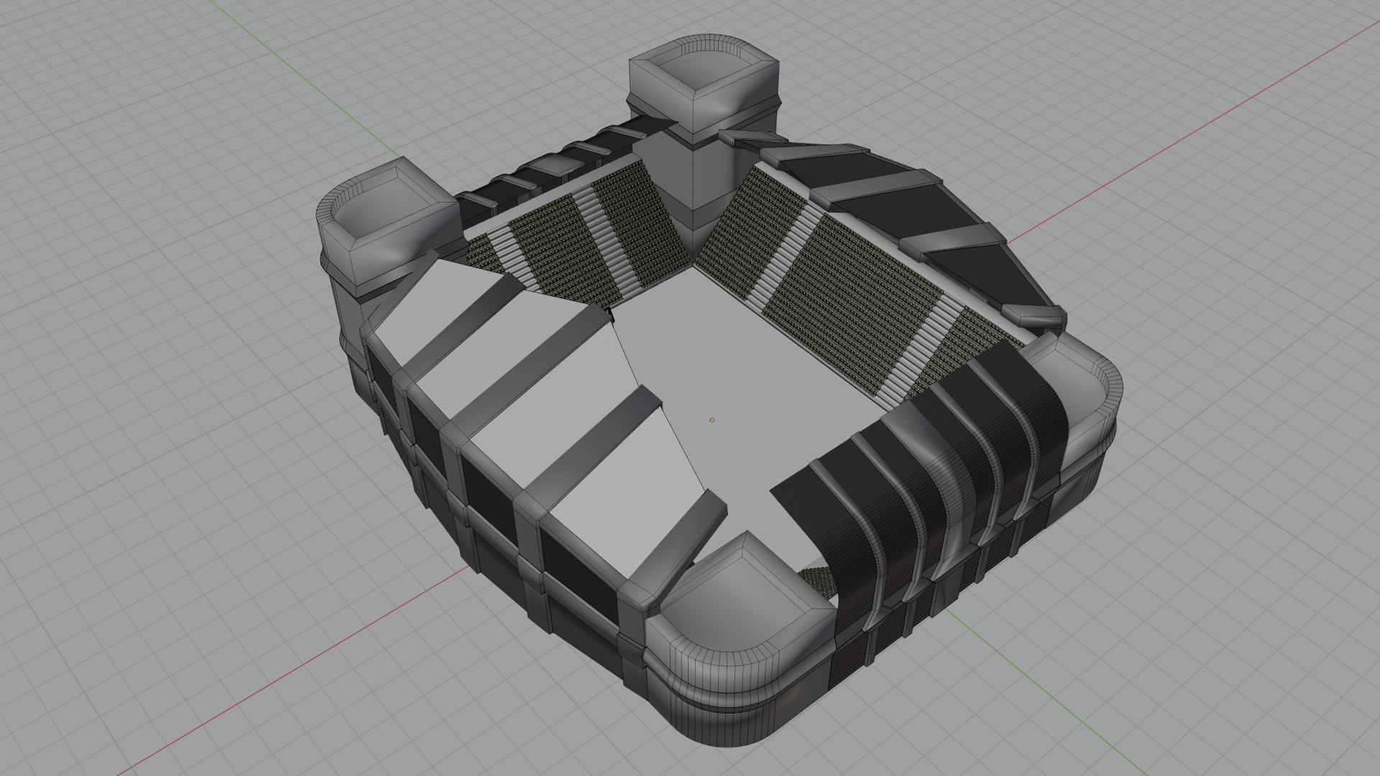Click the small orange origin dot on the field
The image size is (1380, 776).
click(712, 420)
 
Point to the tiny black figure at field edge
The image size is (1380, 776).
click(610, 313)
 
